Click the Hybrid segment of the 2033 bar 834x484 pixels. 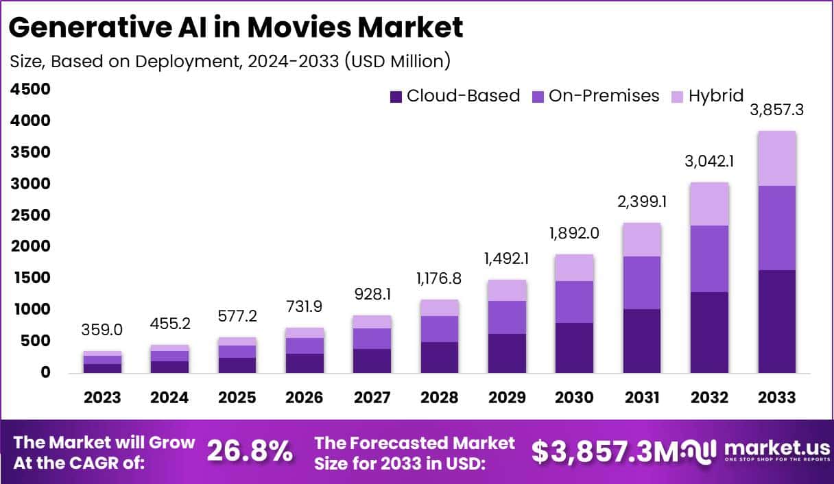777,158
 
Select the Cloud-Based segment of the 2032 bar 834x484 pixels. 709,332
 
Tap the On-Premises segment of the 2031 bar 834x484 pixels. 642,282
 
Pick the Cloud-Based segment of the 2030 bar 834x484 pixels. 575,348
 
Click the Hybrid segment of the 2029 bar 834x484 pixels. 508,290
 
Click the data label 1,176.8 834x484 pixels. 440,279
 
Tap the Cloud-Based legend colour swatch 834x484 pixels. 396,97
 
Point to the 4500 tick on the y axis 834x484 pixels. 30,89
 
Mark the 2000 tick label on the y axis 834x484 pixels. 30,246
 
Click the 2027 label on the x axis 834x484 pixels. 372,398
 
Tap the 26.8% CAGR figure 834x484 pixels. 250,450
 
